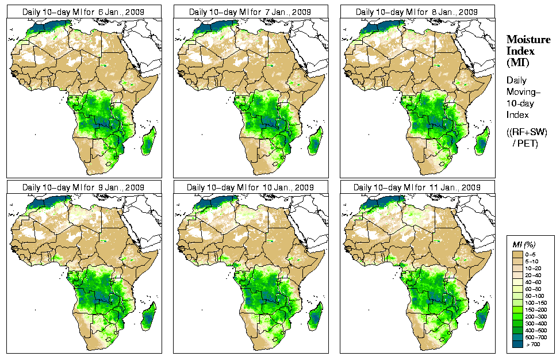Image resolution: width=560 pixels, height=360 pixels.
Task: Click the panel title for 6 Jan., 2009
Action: [83, 12]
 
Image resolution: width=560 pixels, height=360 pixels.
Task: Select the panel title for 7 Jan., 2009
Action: [250, 12]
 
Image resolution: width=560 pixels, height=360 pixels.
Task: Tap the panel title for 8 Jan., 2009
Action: [417, 12]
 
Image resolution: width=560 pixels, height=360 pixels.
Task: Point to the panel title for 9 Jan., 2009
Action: [83, 187]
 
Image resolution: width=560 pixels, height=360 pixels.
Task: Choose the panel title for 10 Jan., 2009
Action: [250, 187]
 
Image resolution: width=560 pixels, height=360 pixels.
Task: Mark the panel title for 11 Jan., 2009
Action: [417, 187]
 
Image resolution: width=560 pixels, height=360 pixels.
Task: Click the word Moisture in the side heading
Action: [524, 39]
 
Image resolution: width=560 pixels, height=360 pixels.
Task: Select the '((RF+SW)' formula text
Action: [527, 132]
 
